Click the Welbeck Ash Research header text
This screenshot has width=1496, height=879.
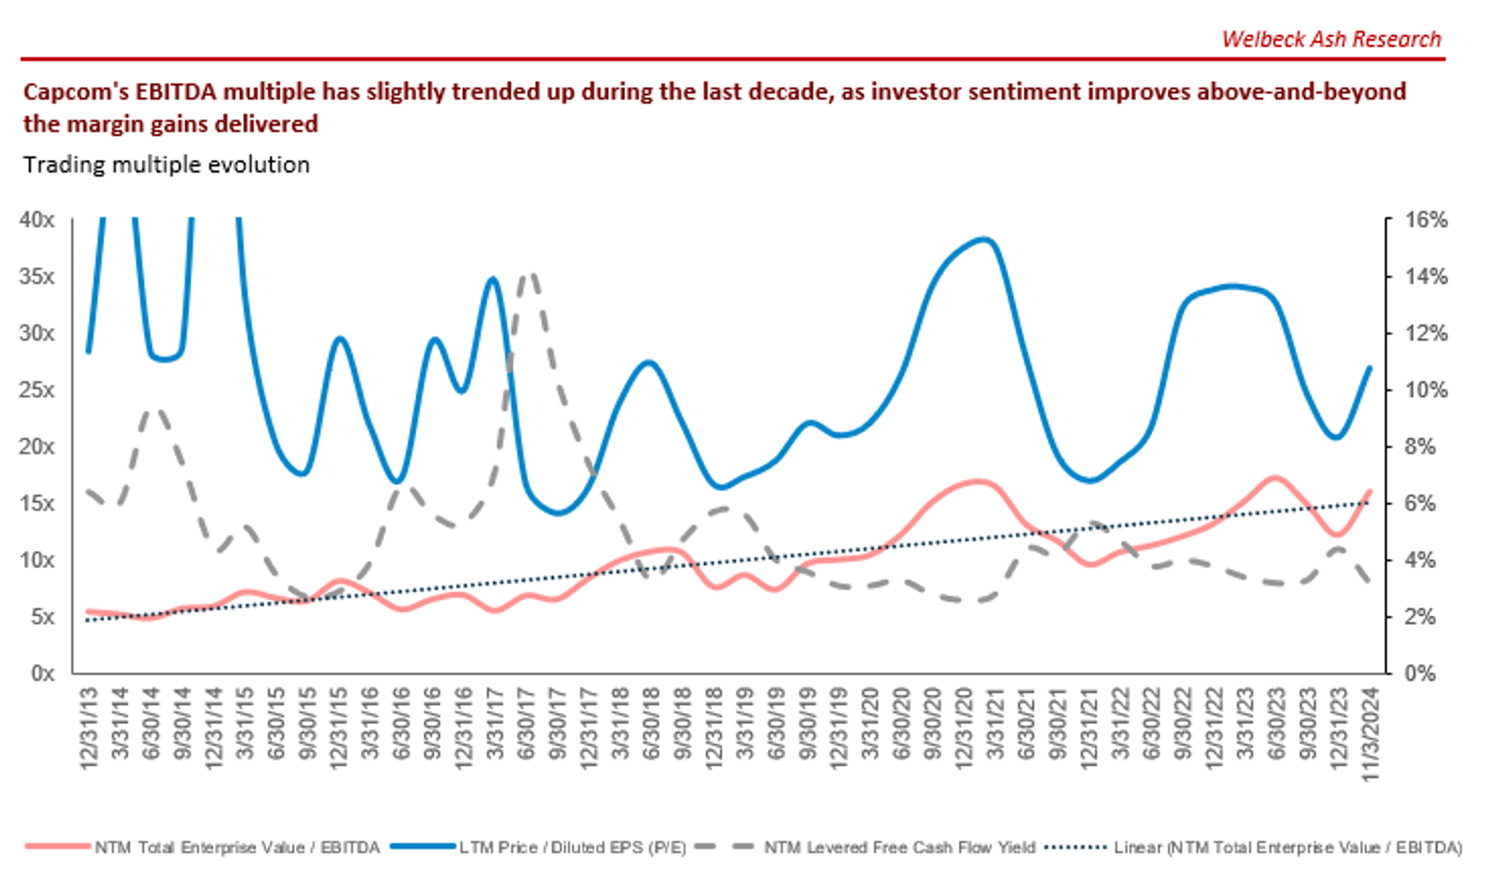(1331, 39)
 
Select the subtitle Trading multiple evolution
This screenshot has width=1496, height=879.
(166, 164)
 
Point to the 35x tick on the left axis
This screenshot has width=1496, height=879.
(37, 277)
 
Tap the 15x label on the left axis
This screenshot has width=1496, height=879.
(37, 503)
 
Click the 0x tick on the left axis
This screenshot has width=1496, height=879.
(43, 673)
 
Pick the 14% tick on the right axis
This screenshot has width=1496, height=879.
(1426, 277)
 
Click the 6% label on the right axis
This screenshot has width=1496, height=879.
(1420, 503)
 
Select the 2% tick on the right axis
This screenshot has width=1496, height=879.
(1420, 617)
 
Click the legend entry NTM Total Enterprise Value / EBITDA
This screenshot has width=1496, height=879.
(236, 848)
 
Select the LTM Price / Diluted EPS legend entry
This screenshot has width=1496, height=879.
(572, 848)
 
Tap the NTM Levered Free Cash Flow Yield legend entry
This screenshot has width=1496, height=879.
(899, 848)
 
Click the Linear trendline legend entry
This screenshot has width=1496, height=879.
(1287, 848)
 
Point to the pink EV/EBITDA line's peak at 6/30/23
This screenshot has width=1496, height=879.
(1275, 477)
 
